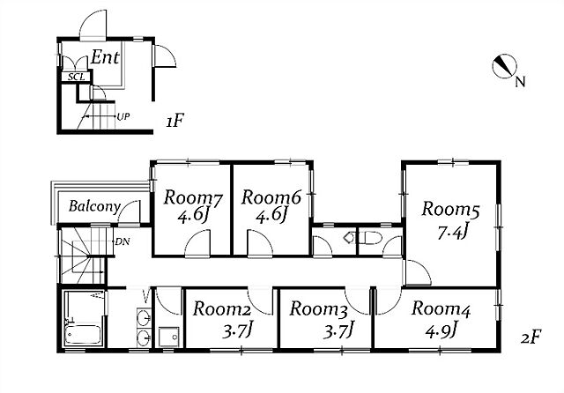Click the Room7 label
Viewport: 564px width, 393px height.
[193, 198]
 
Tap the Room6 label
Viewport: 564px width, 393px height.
[271, 197]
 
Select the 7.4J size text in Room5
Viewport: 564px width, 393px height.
[452, 233]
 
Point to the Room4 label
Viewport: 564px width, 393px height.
[441, 309]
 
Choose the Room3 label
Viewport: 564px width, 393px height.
[318, 309]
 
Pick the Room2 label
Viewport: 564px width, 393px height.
[221, 309]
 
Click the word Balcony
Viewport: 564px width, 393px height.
[94, 207]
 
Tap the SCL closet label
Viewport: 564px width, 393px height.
[77, 78]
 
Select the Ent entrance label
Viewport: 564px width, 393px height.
[105, 57]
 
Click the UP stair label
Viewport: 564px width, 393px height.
[123, 117]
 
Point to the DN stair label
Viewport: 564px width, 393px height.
[122, 242]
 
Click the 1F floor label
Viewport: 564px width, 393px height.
[175, 122]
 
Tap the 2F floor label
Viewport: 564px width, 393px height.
[531, 337]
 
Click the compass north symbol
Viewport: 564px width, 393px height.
[504, 66]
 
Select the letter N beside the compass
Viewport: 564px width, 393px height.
[520, 82]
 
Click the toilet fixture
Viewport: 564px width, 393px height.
[369, 238]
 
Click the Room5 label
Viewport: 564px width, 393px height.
[450, 210]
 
